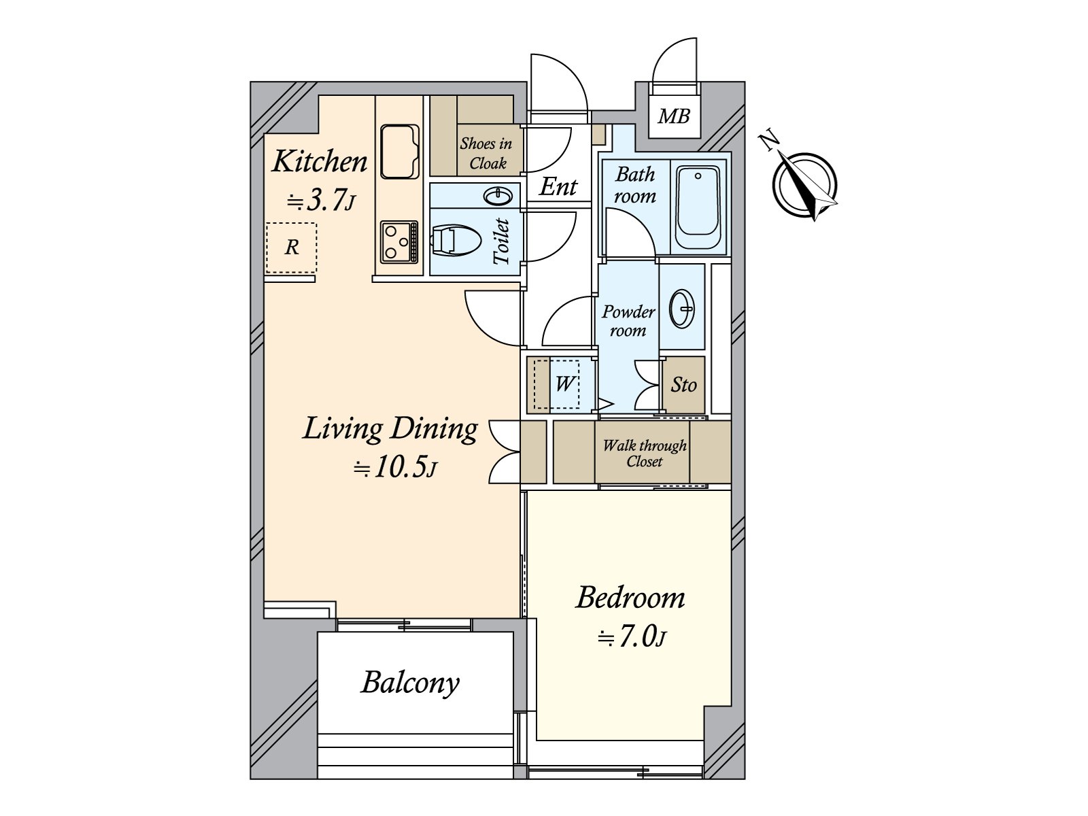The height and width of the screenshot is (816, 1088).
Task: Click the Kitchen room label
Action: coord(320,162)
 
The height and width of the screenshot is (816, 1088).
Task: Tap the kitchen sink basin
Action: coord(400,152)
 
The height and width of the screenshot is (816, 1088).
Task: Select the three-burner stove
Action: coord(399,242)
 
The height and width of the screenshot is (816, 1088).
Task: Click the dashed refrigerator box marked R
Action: coord(291,248)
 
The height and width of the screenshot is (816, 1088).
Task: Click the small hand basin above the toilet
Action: coord(498,197)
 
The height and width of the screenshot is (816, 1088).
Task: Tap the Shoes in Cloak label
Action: coord(486,153)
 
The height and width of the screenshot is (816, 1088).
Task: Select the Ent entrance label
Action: coord(558,187)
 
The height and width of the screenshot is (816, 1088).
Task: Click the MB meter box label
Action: coord(674,116)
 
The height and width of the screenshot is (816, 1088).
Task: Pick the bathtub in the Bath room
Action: coord(698,208)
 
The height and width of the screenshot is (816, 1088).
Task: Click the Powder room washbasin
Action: coord(682,308)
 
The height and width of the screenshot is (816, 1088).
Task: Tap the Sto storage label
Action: coord(683,384)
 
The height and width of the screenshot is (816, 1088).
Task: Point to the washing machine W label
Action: coord(564,384)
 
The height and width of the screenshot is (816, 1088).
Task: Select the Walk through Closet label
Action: coord(645,454)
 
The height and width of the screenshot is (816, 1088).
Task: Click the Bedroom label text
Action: coord(630,598)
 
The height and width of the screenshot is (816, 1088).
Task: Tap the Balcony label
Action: coord(411,683)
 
